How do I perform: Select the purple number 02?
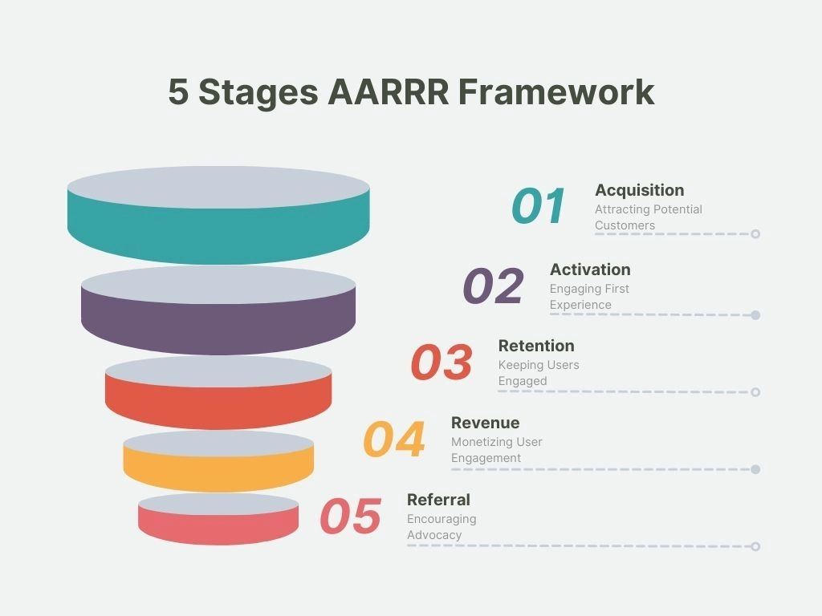tap(493, 286)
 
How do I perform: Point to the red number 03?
tap(442, 363)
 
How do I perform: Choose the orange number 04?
tap(394, 440)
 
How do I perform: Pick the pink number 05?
tap(351, 517)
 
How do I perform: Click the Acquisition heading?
tap(639, 190)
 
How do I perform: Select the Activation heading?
tap(590, 269)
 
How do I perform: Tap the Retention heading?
tap(536, 346)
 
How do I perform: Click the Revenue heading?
tap(485, 423)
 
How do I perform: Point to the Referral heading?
tap(438, 500)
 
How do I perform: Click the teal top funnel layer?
tap(218, 237)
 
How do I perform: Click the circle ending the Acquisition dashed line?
tap(755, 234)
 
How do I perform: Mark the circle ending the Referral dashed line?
tap(755, 546)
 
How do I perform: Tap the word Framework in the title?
tap(556, 92)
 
